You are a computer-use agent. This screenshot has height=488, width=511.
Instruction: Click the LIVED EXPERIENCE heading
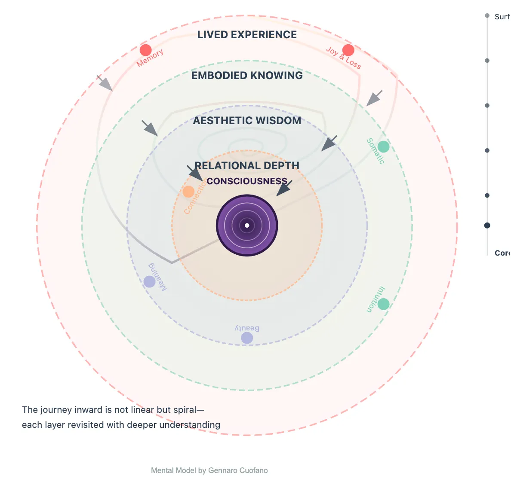[x=247, y=35]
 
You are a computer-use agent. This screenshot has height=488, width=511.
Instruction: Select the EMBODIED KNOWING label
[x=247, y=76]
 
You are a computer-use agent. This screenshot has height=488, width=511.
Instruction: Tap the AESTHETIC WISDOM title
[x=247, y=121]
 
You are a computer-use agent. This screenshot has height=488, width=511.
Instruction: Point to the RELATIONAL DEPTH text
[x=247, y=166]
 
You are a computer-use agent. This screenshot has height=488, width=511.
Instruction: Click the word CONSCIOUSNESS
[x=247, y=181]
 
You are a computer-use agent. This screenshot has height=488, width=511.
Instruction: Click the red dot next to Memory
[x=146, y=50]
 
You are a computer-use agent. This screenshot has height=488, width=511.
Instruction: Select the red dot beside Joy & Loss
[x=348, y=50]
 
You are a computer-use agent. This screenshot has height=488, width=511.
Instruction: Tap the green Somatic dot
[x=383, y=147]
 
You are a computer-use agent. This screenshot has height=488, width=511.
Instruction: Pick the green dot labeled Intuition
[x=383, y=304]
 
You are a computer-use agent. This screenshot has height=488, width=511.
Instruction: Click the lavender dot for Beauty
[x=247, y=338]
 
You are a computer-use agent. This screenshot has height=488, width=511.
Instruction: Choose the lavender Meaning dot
[x=149, y=282]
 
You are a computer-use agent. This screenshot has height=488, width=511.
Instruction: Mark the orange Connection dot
[x=188, y=192]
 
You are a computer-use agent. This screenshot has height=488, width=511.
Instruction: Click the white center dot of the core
[x=247, y=226]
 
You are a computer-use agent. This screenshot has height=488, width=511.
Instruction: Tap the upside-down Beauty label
[x=247, y=329]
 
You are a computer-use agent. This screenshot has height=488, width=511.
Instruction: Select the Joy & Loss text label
[x=343, y=58]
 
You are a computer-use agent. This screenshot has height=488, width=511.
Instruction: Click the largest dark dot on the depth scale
[x=487, y=226]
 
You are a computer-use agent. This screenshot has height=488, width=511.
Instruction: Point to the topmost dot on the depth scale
[x=487, y=16]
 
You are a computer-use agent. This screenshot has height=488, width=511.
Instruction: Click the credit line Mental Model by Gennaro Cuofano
[x=209, y=470]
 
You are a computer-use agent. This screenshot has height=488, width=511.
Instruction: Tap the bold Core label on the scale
[x=502, y=253]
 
